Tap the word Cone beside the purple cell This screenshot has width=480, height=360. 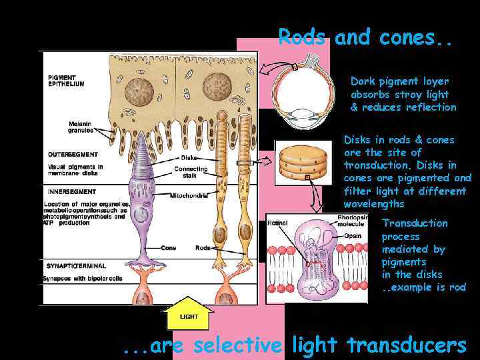pos(169,248)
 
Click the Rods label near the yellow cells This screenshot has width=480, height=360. pos(202,248)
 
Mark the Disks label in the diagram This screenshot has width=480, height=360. pos(188,158)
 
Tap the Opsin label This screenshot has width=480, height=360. pos(353,235)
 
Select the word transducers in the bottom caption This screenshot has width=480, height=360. pos(407,345)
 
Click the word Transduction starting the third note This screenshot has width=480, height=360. pos(414,223)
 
